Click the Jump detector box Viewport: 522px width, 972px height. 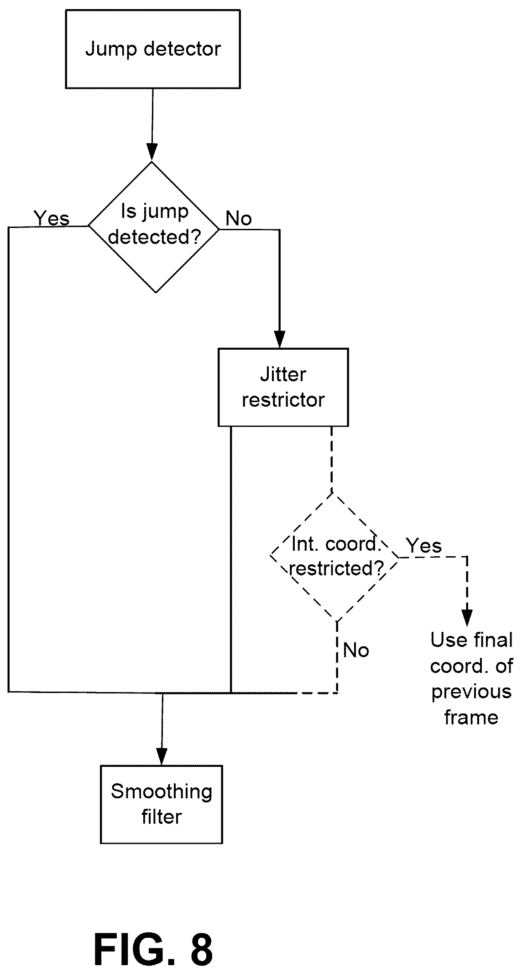pyautogui.click(x=153, y=49)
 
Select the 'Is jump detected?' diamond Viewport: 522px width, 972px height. pyautogui.click(x=153, y=227)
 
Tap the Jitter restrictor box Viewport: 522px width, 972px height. pyautogui.click(x=283, y=388)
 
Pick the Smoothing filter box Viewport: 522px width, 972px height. pyautogui.click(x=162, y=804)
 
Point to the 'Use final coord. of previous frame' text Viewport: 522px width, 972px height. pyautogui.click(x=471, y=678)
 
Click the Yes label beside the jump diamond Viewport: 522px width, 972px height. pyautogui.click(x=52, y=218)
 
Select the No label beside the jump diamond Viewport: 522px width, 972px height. pyautogui.click(x=239, y=219)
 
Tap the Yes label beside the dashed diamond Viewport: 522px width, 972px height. pyautogui.click(x=424, y=545)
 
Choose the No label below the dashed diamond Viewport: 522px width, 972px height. pyautogui.click(x=356, y=650)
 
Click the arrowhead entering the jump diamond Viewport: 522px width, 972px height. pyautogui.click(x=152, y=152)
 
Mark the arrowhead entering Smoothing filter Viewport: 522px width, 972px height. pyautogui.click(x=162, y=756)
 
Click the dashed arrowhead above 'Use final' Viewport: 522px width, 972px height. pyautogui.click(x=467, y=617)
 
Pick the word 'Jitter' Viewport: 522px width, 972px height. pyautogui.click(x=283, y=375)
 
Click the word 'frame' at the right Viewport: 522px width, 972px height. pyautogui.click(x=471, y=718)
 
